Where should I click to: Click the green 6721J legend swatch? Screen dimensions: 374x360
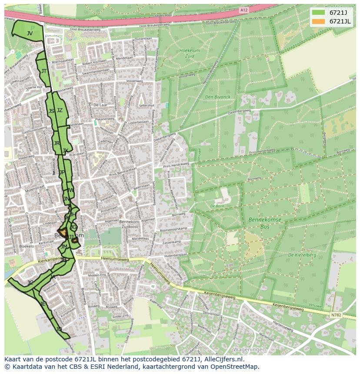[318, 12]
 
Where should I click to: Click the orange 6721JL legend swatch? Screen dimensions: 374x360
[318, 21]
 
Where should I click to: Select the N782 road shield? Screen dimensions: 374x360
[336, 315]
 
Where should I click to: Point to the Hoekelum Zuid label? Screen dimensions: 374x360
[190, 53]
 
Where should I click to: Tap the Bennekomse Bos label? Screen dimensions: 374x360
[265, 223]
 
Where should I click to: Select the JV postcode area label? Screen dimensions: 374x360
[30, 33]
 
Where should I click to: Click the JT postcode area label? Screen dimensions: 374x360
[44, 71]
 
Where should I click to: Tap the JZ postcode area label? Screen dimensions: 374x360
[60, 110]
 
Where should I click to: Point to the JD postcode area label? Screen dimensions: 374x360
[59, 329]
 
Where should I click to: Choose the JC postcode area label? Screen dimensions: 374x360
[30, 283]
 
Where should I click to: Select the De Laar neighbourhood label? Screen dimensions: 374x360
[100, 105]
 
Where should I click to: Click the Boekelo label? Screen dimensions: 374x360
[27, 246]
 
